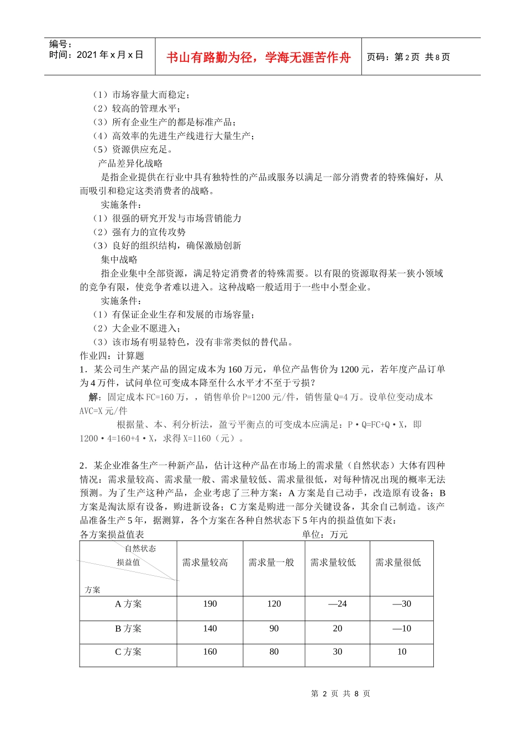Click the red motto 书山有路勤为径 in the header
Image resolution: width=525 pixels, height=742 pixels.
258,57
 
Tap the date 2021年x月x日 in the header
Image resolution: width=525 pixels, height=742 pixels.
96,55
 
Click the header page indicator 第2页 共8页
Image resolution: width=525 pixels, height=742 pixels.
408,57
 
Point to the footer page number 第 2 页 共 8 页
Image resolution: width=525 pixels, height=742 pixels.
340,693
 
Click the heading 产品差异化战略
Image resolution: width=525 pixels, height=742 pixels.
130,163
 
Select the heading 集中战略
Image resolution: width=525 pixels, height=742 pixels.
119,259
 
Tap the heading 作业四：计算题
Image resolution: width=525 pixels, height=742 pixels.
112,356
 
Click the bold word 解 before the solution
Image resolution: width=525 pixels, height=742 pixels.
94,397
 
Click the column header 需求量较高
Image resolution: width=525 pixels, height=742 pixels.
205,563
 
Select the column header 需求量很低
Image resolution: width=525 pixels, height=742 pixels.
398,563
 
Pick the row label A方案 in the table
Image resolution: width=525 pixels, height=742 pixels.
128,604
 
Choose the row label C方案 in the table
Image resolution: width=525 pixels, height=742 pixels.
128,652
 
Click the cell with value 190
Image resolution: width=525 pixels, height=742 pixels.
210,604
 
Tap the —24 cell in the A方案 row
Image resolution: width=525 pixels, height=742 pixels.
337,604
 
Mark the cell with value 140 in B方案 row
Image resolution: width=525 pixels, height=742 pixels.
210,629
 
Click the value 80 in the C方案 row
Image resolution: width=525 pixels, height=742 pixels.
274,652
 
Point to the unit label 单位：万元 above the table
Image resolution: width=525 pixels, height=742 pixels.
325,534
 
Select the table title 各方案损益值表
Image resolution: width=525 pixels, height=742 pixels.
112,534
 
